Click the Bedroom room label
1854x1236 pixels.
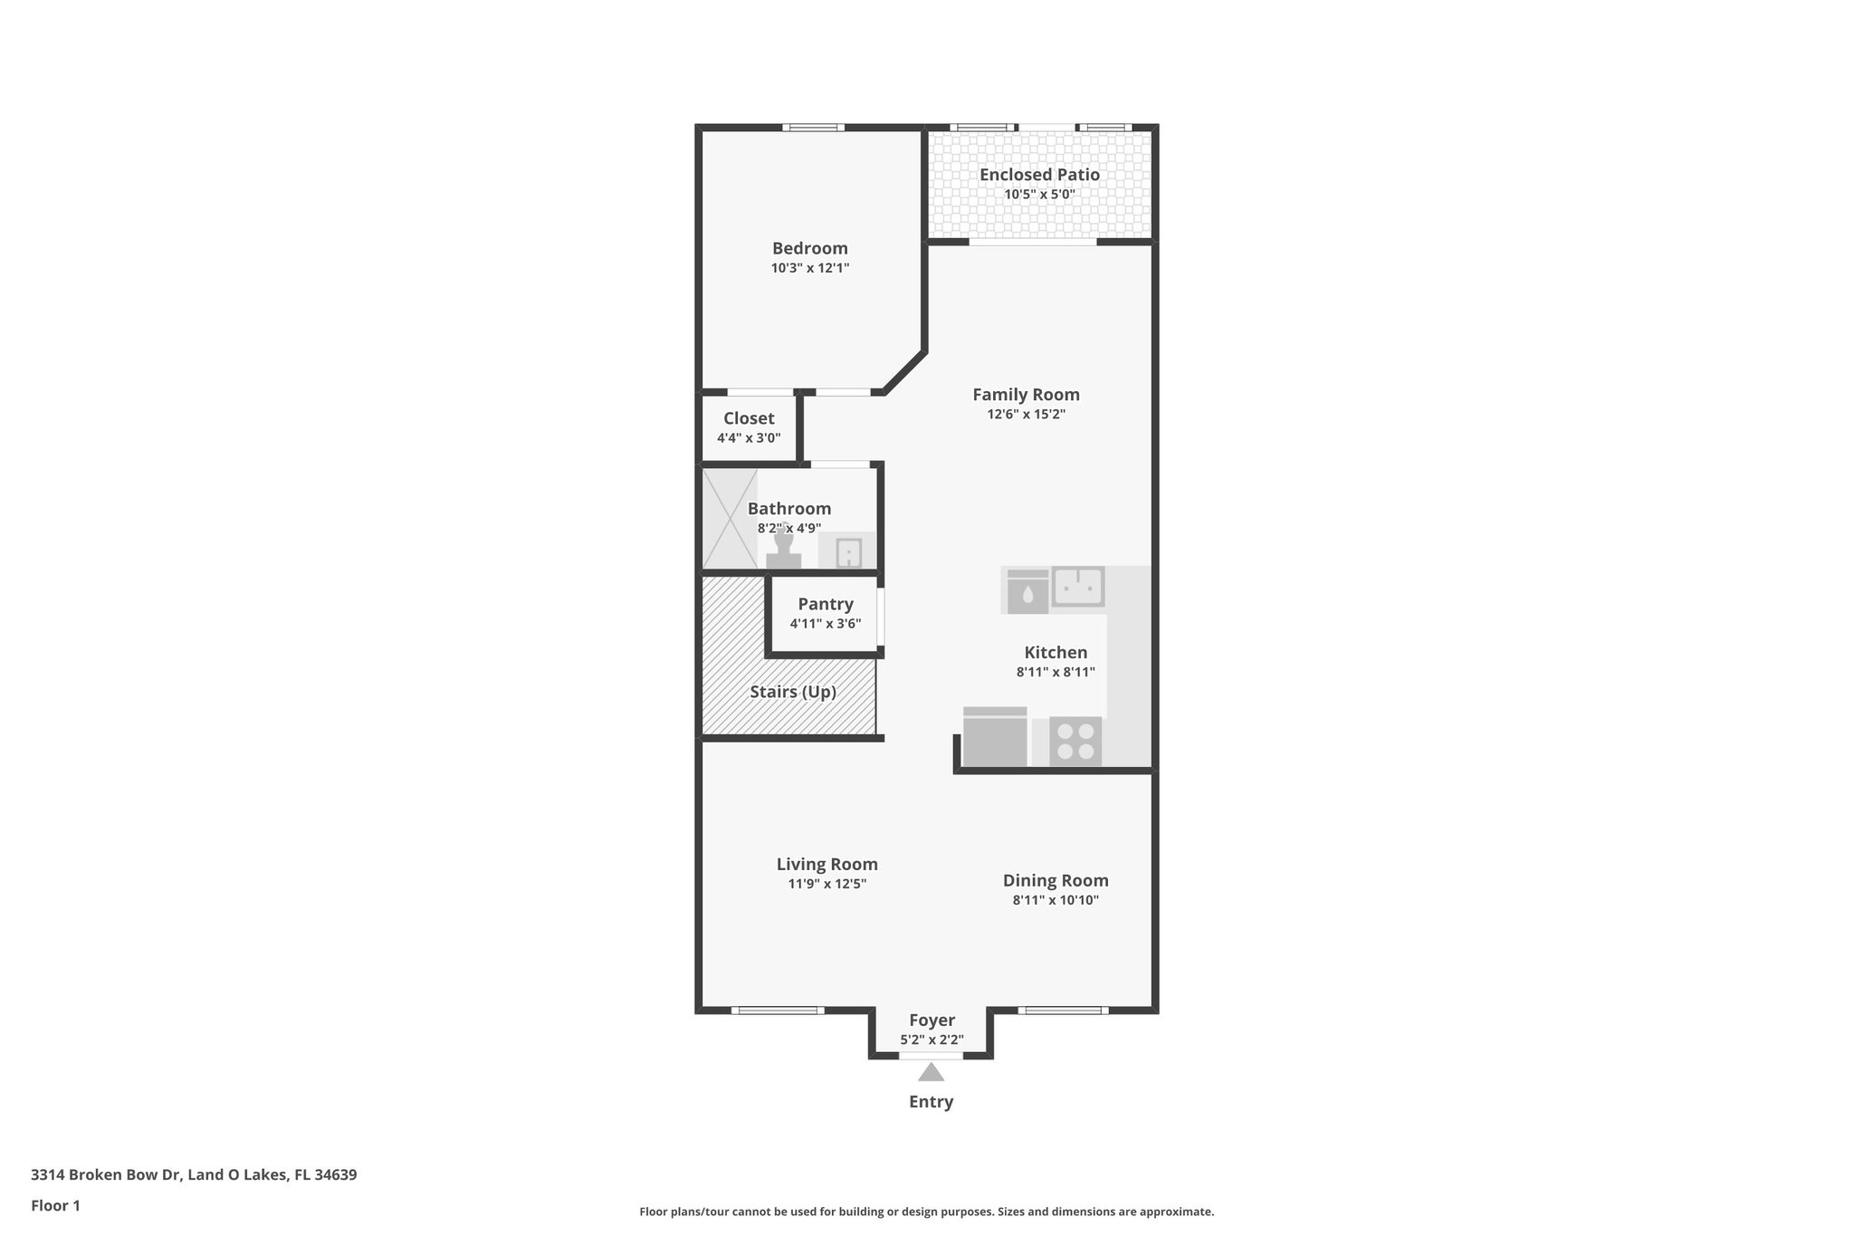pyautogui.click(x=809, y=248)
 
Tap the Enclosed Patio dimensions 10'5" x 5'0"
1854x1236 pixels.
pyautogui.click(x=1039, y=195)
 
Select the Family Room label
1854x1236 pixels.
pyautogui.click(x=1026, y=395)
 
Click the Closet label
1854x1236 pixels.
pyautogui.click(x=749, y=418)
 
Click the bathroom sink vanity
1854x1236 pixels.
pyautogui.click(x=847, y=551)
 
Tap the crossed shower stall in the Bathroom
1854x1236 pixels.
pyautogui.click(x=730, y=518)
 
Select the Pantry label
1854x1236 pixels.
pyautogui.click(x=825, y=604)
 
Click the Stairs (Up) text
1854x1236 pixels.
pyautogui.click(x=792, y=692)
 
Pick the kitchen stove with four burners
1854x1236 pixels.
pyautogui.click(x=1075, y=741)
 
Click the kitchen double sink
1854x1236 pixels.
pyautogui.click(x=1077, y=586)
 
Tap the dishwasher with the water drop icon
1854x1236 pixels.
pyautogui.click(x=1027, y=591)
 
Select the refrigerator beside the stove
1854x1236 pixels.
pyautogui.click(x=995, y=736)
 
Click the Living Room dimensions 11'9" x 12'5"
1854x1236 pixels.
pyautogui.click(x=827, y=884)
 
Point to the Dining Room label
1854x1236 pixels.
pyautogui.click(x=1056, y=880)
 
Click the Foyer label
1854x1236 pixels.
pyautogui.click(x=932, y=1020)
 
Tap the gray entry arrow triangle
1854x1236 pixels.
pyautogui.click(x=931, y=1073)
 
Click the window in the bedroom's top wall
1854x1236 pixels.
pyautogui.click(x=813, y=128)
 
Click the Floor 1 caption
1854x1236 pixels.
pyautogui.click(x=55, y=1205)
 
